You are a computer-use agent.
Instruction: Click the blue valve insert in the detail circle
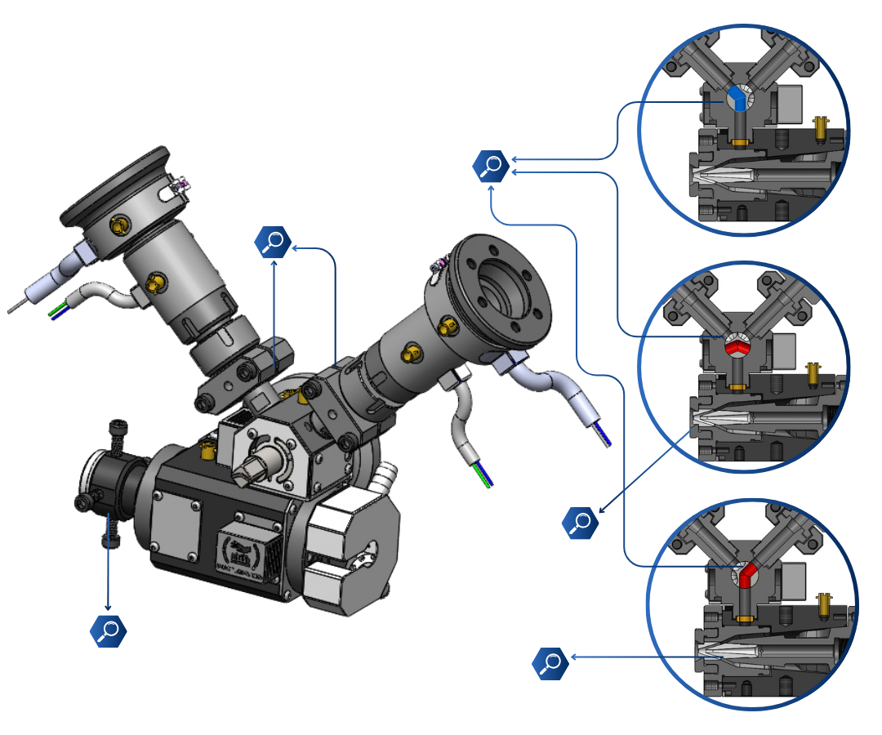click(738, 98)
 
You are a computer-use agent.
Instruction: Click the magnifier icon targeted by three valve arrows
click(491, 166)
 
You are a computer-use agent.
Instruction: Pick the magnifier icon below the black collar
click(108, 630)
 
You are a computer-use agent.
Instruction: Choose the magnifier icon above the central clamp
click(272, 242)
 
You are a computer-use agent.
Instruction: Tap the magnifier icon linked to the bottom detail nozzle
click(550, 662)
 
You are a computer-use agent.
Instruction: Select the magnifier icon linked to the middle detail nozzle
click(581, 522)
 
